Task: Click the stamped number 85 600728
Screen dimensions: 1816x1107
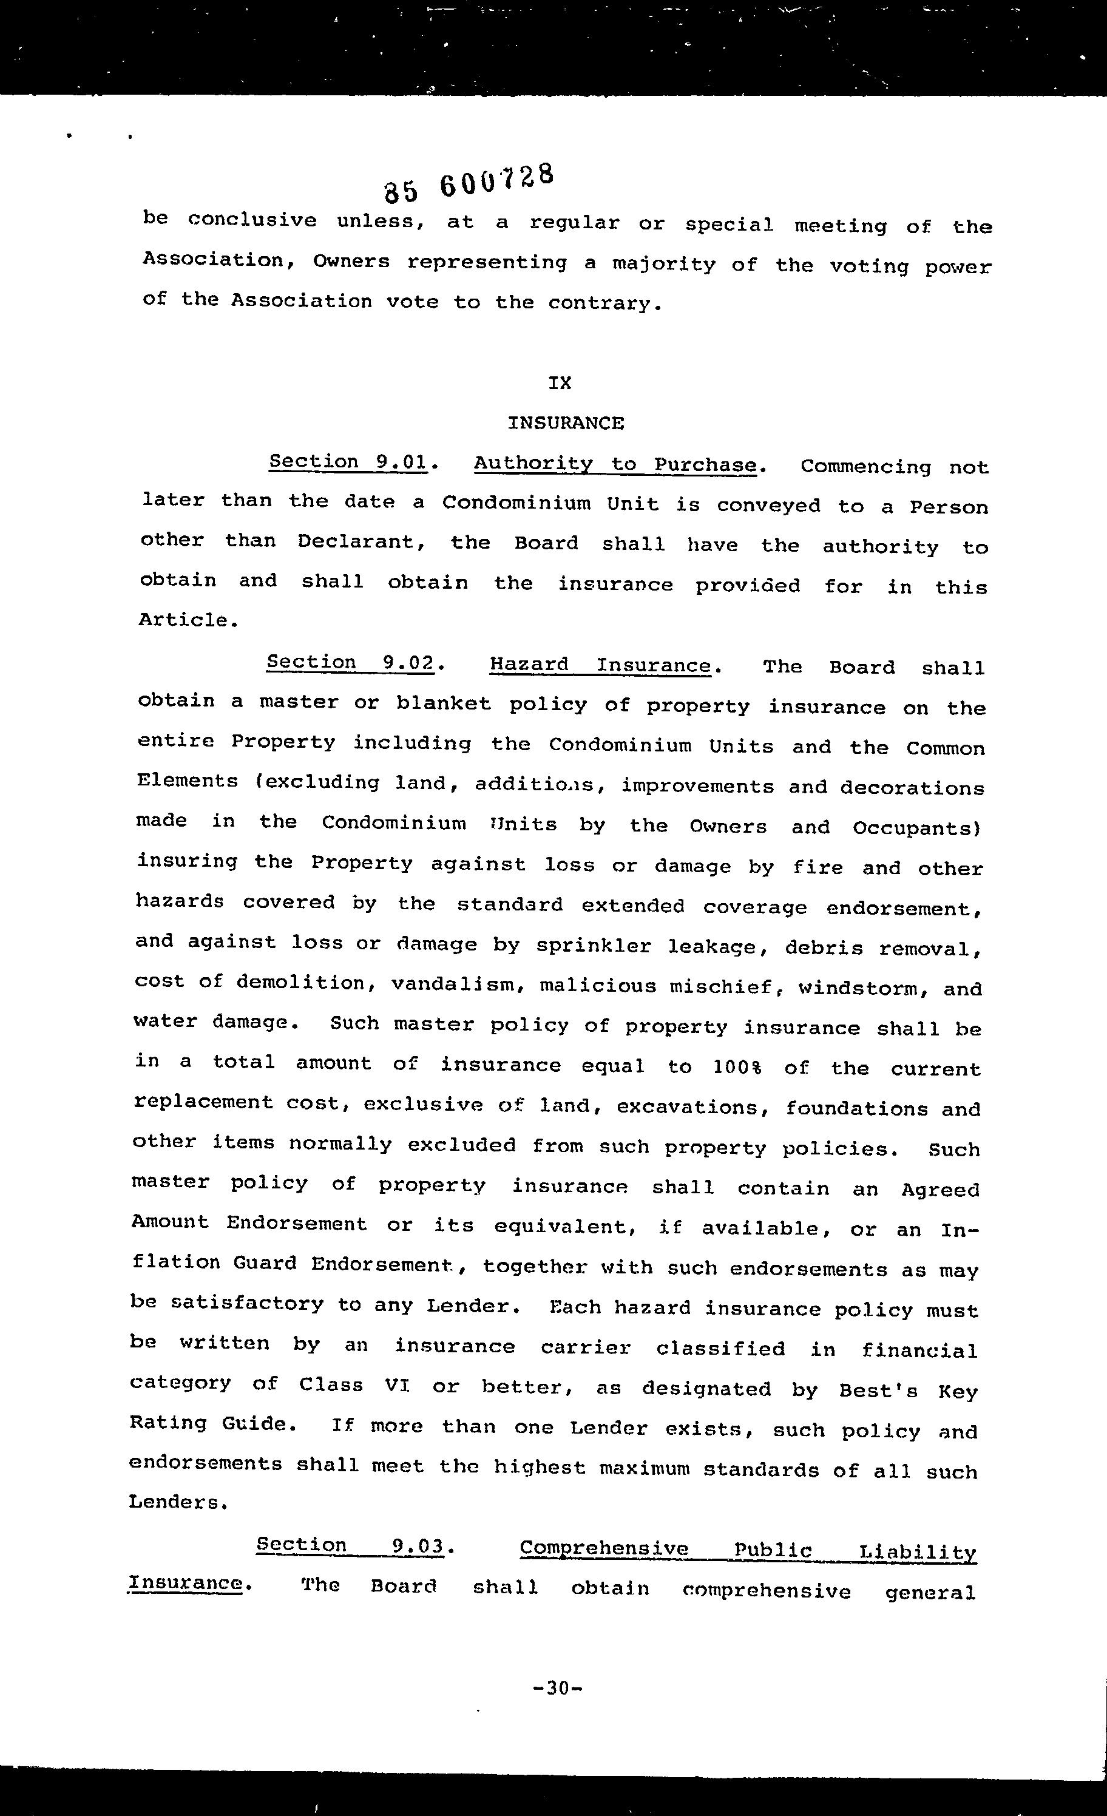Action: [468, 183]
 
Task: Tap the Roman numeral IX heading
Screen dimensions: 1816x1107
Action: [560, 382]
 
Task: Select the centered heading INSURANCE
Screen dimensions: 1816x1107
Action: [565, 423]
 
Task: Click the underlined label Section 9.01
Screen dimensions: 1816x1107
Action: [348, 462]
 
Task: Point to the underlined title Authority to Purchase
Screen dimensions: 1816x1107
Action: [615, 464]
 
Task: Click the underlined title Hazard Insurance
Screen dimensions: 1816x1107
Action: [600, 665]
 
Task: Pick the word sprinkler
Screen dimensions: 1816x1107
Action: [594, 946]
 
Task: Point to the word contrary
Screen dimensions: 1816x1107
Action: [601, 303]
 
